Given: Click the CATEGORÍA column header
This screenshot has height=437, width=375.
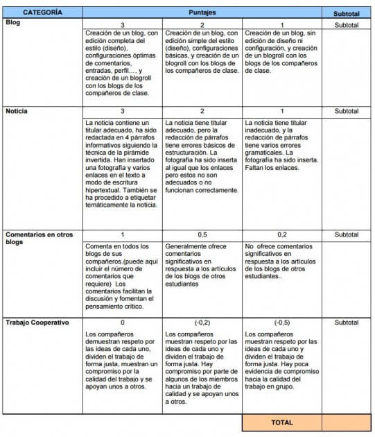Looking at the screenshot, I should pos(42,12).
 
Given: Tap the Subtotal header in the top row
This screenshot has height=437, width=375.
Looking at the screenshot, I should pos(346,13).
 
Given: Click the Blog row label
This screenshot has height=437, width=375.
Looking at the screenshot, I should pos(13,23).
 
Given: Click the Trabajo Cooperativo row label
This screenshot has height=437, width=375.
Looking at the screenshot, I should pos(38,323).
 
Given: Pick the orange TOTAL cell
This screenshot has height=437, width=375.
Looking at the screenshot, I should pos(281,422).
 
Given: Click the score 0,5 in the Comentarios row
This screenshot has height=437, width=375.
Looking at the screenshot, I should pos(202,235).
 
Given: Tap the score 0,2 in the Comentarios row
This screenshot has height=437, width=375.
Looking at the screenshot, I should pos(282,235).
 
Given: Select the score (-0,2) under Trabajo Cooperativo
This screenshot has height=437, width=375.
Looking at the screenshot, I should pos(202,323).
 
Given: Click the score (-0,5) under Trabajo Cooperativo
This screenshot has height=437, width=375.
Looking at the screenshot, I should pos(282,323).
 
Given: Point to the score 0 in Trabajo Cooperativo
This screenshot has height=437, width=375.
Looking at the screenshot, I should pos(123,323).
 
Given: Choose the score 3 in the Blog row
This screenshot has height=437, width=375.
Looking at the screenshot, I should pos(123,24).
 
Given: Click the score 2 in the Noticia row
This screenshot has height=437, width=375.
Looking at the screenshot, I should pos(202,111).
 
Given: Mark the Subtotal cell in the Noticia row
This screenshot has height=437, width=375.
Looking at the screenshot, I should pos(346,111).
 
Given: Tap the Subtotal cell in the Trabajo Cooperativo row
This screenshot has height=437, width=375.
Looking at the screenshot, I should pos(346,323).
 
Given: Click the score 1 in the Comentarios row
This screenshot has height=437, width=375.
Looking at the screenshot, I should pos(123,235).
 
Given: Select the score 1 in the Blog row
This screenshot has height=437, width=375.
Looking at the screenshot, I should pos(282,24).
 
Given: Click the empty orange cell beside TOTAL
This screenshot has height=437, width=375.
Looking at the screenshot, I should pos(346,422).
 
